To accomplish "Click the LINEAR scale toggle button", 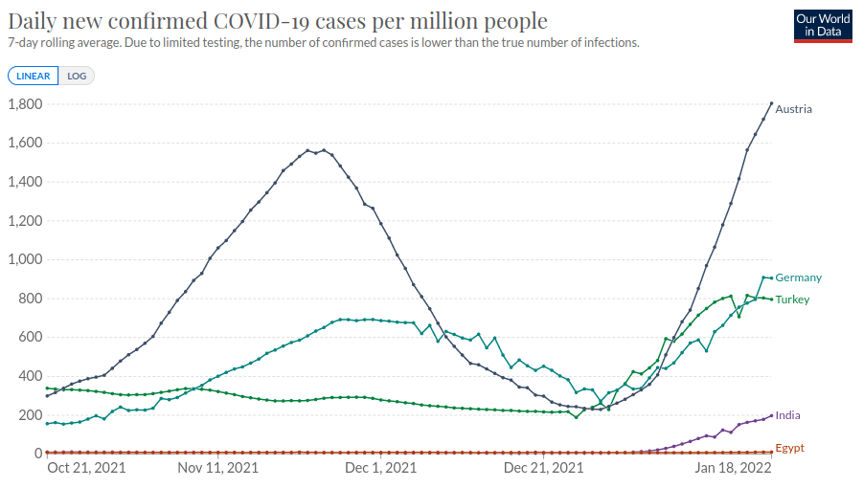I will [34, 76].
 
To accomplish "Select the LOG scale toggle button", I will [77, 76].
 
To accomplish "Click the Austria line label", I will [794, 109].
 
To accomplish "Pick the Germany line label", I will [799, 277].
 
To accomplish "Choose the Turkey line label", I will [793, 299].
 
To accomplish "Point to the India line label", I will [788, 415].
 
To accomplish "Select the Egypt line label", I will [790, 448].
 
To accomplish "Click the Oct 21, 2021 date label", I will [85, 468].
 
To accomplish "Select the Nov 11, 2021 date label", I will [219, 468].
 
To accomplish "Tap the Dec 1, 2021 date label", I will [380, 468].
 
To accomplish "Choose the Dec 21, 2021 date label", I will [544, 468].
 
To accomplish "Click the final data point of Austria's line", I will [772, 103].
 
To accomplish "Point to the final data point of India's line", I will [772, 415].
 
